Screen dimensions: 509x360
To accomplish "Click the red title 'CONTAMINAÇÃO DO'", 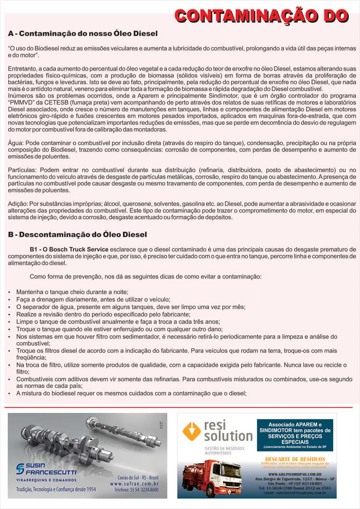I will (x=261, y=15).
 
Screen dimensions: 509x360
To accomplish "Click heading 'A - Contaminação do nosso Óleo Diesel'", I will (x=83, y=34).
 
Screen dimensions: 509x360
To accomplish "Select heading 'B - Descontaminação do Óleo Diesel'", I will (x=77, y=234).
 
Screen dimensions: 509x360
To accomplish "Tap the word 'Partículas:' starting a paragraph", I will (x=23, y=170).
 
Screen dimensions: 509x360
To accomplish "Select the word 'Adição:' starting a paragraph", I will (x=19, y=204).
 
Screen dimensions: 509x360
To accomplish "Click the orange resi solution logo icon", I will (x=192, y=430).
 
